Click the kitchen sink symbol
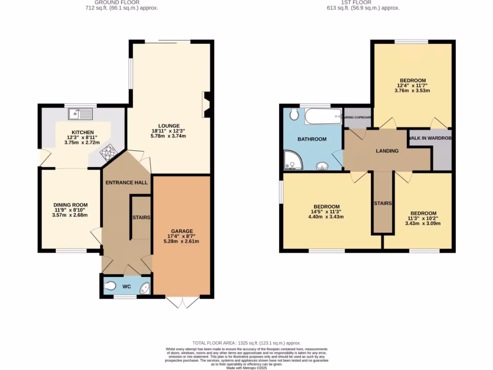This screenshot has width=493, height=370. pyautogui.click(x=80, y=114)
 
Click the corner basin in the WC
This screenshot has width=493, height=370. pyautogui.click(x=144, y=289)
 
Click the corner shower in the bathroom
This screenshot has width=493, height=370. pyautogui.click(x=293, y=160)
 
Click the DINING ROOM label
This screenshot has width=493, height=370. pyautogui.click(x=70, y=205)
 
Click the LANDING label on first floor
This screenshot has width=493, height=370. pyautogui.click(x=387, y=151)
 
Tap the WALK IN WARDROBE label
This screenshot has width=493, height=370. pyautogui.click(x=430, y=138)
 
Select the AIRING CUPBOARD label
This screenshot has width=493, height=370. pyautogui.click(x=357, y=118)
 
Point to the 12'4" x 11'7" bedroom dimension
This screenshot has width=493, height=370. pyautogui.click(x=413, y=85)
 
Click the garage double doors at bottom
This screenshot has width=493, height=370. pyautogui.click(x=183, y=302)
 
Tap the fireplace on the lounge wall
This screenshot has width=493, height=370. pyautogui.click(x=207, y=105)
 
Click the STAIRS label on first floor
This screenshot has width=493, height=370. pyautogui.click(x=383, y=203)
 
